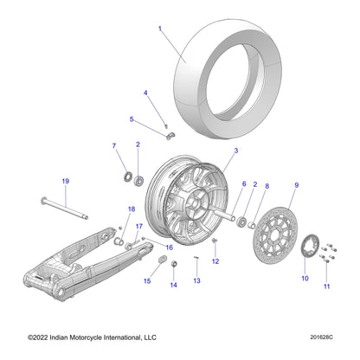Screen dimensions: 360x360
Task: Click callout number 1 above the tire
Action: [159, 29]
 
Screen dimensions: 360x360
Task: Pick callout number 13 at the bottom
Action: [196, 281]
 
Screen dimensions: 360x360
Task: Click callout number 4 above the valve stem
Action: [145, 93]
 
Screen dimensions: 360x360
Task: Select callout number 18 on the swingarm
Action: [132, 209]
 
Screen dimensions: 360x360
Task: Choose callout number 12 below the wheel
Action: [215, 260]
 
